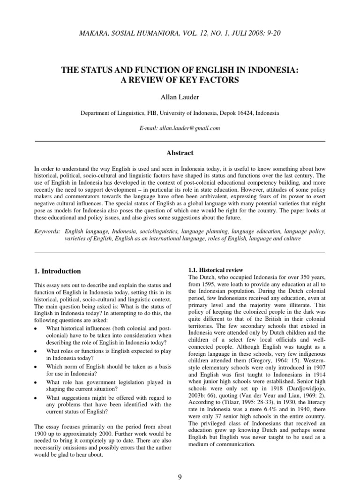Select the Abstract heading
180,153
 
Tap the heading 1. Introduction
58,271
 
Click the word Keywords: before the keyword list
48,232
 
